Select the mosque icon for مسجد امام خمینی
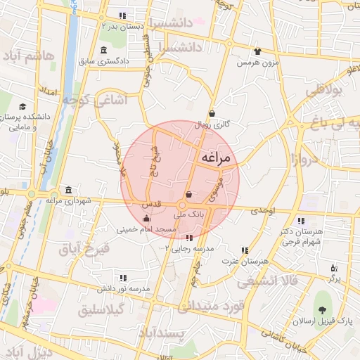click(146, 219)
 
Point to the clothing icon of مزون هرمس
click(257, 51)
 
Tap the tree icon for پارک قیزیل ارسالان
click(322, 310)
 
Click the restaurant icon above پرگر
click(334, 268)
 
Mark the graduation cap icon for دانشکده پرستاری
click(24, 107)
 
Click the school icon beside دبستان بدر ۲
click(122, 15)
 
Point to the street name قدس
click(153, 203)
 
